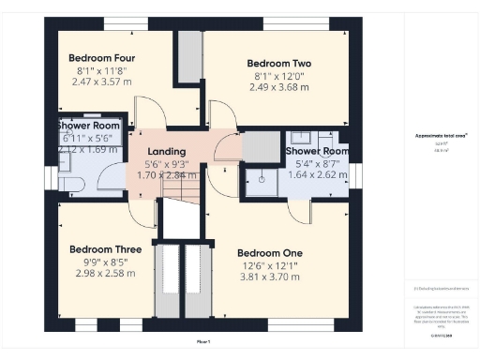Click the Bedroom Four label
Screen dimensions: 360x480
tap(91, 57)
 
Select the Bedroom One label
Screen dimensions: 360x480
tap(269, 253)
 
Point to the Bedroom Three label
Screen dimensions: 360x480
tap(105, 249)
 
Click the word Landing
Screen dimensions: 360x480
tap(166, 151)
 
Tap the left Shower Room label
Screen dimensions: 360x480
tap(88, 125)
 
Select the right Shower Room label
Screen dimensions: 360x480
tap(318, 151)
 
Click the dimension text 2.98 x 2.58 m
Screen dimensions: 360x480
tap(105, 274)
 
